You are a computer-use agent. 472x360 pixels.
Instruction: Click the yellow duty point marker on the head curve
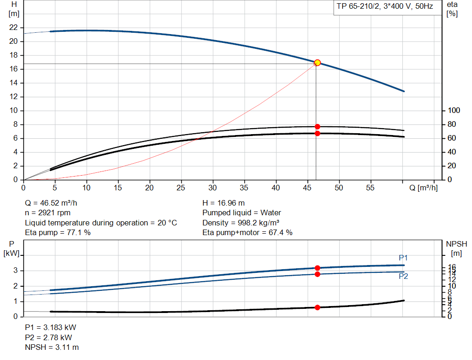(x=317, y=63)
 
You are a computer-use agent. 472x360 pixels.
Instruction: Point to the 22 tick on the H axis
(x=14, y=28)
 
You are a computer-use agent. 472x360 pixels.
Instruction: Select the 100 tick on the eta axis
(x=454, y=111)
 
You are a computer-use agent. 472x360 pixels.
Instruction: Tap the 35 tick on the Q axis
(x=244, y=188)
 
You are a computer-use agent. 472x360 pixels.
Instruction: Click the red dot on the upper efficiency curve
(x=317, y=127)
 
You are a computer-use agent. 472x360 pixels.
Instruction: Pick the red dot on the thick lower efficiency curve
(x=317, y=134)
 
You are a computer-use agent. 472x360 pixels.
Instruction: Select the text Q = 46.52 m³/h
(x=54, y=203)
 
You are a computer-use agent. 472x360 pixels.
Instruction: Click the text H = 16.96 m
(x=224, y=203)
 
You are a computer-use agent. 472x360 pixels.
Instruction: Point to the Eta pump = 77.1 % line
(x=58, y=233)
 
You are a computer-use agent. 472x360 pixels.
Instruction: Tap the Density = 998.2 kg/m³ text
(x=242, y=223)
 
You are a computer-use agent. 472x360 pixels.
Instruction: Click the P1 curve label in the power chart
(x=403, y=258)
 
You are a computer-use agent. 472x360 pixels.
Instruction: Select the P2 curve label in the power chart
(x=403, y=277)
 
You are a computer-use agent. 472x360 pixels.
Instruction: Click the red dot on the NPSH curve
(x=317, y=307)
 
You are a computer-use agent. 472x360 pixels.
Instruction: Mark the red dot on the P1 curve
(x=317, y=268)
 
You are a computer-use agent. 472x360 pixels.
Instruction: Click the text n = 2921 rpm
(x=48, y=213)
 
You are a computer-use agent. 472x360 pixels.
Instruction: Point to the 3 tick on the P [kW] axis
(x=16, y=271)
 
